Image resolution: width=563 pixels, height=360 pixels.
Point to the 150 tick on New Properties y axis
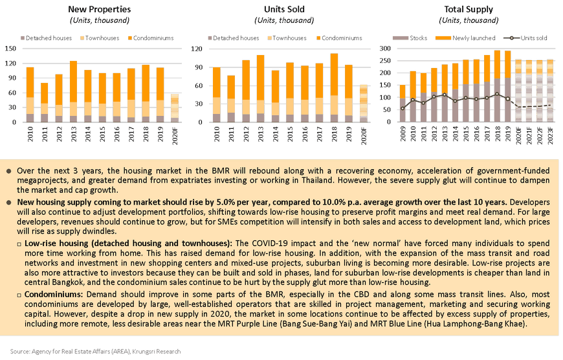(x=15, y=49)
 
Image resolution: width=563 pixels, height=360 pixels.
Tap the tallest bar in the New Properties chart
(x=72, y=91)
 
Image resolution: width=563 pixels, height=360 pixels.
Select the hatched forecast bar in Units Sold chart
(x=364, y=103)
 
